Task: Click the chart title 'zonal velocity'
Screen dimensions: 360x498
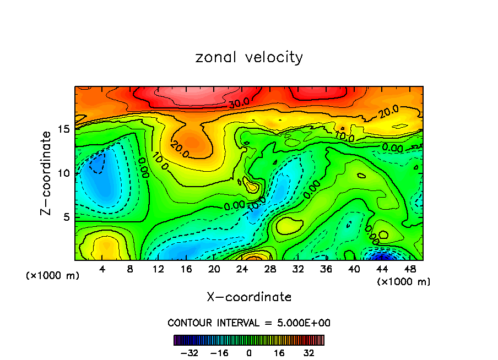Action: click(x=249, y=57)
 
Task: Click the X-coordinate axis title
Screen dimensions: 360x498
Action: click(x=249, y=297)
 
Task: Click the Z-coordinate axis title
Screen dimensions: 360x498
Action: click(x=47, y=173)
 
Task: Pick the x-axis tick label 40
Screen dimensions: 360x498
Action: click(x=354, y=269)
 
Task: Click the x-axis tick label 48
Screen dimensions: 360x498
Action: click(x=409, y=269)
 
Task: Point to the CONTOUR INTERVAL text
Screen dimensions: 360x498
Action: click(x=249, y=323)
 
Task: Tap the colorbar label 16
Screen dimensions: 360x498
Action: click(x=278, y=352)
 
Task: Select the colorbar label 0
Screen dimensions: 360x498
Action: click(x=249, y=352)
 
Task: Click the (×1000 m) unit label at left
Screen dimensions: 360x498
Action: click(x=52, y=275)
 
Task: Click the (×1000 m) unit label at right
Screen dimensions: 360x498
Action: click(x=404, y=281)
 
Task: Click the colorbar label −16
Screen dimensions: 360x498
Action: click(x=220, y=352)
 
